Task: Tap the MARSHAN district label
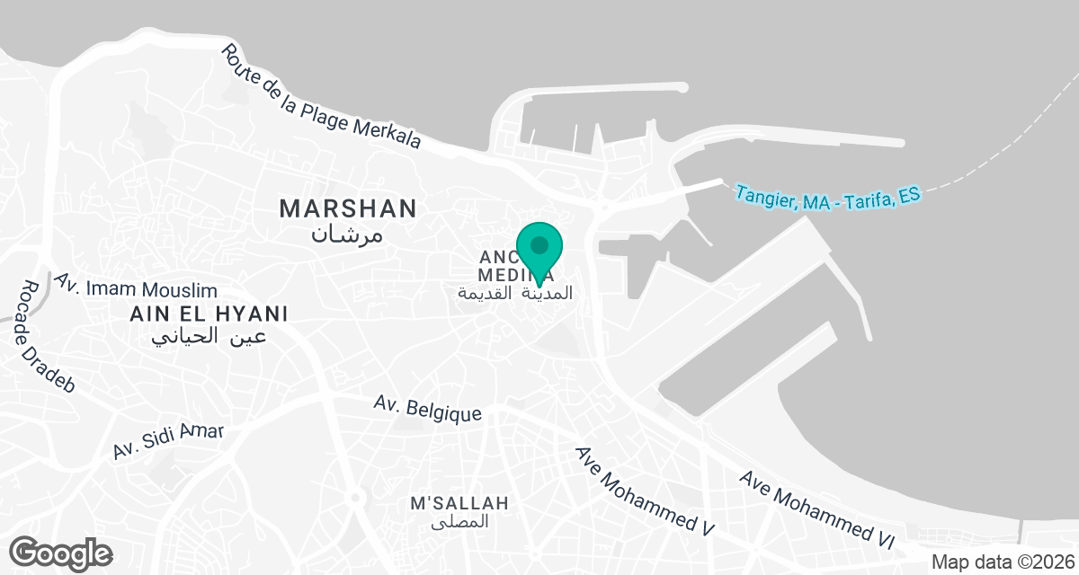348,208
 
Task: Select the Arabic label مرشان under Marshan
347,234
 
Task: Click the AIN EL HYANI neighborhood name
208,314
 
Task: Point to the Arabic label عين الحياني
208,337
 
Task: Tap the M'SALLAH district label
459,502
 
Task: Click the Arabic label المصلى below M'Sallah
459,521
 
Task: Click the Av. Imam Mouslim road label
135,287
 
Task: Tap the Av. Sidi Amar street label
168,441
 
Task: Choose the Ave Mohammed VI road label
817,509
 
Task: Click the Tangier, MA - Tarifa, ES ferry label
827,196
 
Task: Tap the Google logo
60,552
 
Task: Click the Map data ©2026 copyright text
1001,562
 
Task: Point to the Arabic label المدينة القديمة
515,293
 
